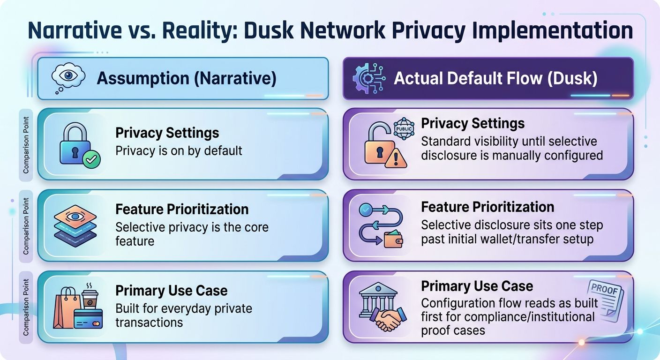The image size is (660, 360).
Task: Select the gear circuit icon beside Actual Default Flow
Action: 369,78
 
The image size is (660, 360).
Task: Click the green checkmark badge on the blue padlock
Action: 91,159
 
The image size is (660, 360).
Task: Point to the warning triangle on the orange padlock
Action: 396,158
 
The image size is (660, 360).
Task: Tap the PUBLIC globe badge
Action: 404,129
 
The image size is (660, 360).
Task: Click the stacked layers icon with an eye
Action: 75,226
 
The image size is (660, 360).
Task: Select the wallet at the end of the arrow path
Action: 393,239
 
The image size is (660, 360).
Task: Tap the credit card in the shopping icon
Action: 88,319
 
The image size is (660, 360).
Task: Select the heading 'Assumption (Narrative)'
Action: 187,78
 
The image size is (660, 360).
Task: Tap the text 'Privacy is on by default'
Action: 179,151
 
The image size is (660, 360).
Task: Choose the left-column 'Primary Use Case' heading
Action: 172,291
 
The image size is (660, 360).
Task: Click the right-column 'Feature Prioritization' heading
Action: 487,207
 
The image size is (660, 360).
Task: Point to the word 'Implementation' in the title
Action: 552,30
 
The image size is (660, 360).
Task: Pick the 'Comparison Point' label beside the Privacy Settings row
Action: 26,145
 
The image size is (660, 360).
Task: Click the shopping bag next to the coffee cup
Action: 67,308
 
